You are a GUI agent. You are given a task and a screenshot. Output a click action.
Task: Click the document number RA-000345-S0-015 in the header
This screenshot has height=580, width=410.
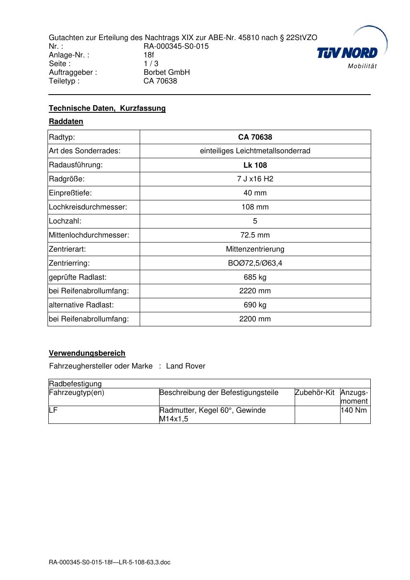[176, 46]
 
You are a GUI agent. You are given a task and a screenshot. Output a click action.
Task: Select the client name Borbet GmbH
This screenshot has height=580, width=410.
[167, 72]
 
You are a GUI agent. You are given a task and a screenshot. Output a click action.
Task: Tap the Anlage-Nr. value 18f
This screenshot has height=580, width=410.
[149, 55]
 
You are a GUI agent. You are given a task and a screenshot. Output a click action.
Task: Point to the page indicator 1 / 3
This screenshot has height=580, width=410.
[151, 64]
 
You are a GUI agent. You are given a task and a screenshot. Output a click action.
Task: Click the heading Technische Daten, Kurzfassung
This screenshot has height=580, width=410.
[107, 108]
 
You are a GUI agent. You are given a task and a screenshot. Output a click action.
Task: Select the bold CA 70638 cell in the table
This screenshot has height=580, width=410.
[255, 137]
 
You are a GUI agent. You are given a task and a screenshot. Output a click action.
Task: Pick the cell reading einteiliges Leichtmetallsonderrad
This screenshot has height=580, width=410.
[255, 151]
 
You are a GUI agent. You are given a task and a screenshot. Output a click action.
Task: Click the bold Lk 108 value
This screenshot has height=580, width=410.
[255, 165]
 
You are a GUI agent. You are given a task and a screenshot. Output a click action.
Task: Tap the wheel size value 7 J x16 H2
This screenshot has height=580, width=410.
[255, 179]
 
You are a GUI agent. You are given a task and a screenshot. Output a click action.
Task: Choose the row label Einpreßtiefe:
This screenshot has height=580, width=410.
[70, 193]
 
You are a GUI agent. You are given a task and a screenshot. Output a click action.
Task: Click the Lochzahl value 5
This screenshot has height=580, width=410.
[255, 221]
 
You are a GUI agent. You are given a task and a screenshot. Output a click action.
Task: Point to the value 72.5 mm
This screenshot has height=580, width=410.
[255, 235]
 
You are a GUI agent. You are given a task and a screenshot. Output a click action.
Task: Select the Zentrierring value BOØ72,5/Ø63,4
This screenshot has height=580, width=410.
[255, 263]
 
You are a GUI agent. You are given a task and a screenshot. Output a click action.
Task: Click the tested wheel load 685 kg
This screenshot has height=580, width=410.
[255, 277]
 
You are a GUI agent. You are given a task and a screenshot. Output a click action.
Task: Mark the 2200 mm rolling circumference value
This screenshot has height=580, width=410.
[255, 319]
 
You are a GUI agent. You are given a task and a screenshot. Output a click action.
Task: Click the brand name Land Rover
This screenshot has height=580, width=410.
[186, 366]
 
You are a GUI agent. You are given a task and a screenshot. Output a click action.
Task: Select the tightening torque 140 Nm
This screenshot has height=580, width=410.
[353, 410]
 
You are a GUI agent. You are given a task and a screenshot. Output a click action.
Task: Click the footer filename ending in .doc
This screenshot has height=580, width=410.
[110, 562]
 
